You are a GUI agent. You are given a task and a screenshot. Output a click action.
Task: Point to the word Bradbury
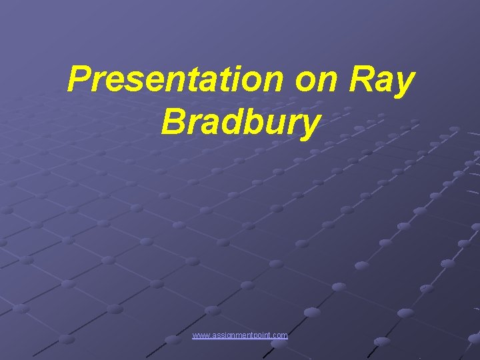coord(240,123)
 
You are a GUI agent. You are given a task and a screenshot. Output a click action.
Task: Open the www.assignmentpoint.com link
coord(240,335)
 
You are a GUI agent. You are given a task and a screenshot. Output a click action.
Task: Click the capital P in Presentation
coord(81,81)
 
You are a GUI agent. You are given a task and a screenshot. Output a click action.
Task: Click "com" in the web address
coord(281,335)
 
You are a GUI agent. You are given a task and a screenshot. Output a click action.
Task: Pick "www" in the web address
coord(200,335)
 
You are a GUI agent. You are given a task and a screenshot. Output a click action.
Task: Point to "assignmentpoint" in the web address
coord(241,335)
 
